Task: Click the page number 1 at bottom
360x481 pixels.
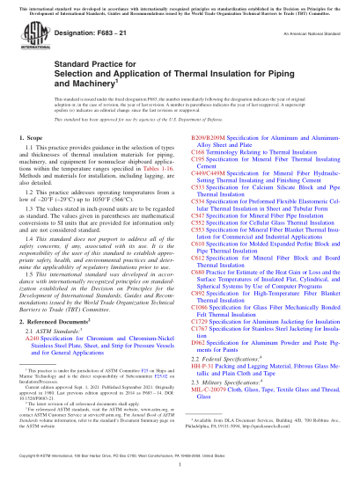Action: [180, 472]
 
